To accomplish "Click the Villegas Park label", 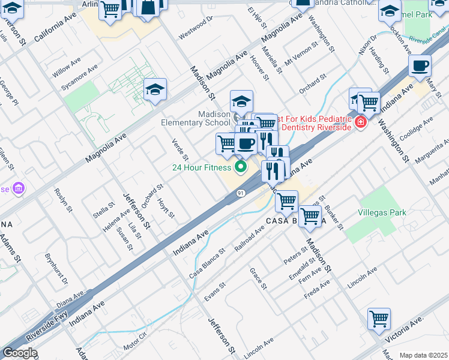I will [382, 212].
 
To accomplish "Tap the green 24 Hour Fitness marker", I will [241, 167].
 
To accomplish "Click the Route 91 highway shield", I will [240, 193].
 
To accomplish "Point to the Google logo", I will [19, 353].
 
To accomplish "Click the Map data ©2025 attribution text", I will [423, 355].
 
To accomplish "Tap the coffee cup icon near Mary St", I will [420, 66].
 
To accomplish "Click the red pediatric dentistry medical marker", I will [360, 123].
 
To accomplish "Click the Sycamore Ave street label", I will [79, 79].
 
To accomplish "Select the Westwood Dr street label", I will [196, 27].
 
